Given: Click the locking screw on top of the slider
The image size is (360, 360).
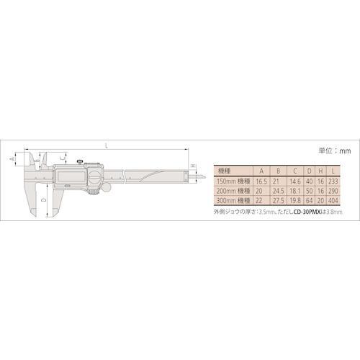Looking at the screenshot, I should pyautogui.click(x=81, y=162).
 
